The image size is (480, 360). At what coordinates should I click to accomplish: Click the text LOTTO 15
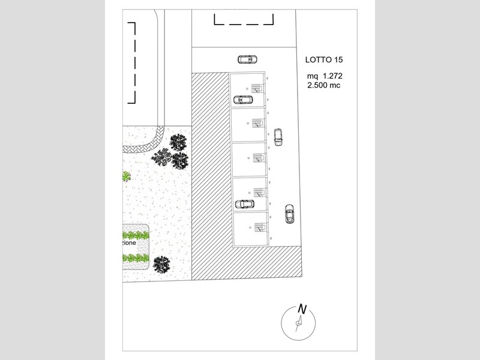tap(324, 59)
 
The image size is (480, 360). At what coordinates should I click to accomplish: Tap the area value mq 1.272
tap(325, 76)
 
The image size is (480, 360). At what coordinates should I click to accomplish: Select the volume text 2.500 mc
tap(324, 85)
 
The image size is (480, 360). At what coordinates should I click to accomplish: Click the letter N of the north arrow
tap(302, 309)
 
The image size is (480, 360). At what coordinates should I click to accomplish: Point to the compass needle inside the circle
tap(299, 323)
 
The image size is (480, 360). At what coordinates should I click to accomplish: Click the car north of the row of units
tap(247, 59)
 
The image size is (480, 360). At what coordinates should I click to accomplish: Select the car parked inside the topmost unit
tap(243, 100)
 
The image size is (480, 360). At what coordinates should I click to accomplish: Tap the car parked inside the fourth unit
tap(245, 204)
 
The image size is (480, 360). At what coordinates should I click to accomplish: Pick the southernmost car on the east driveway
tap(289, 214)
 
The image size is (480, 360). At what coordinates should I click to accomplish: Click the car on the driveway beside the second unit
tap(278, 137)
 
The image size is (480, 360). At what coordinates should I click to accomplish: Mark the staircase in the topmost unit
tap(257, 88)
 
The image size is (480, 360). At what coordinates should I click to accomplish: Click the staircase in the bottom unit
tap(260, 228)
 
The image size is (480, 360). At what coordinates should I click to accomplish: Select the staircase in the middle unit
tap(259, 158)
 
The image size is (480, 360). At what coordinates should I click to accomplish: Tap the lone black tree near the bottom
tap(161, 265)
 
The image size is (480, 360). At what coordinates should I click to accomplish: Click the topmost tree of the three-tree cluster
tap(178, 142)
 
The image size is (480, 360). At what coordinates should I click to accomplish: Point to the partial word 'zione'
tap(128, 243)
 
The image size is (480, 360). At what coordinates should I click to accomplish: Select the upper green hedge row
tap(136, 235)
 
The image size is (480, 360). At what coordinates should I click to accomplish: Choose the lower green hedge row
tap(136, 258)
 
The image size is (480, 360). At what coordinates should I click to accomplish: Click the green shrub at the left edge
tap(127, 176)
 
